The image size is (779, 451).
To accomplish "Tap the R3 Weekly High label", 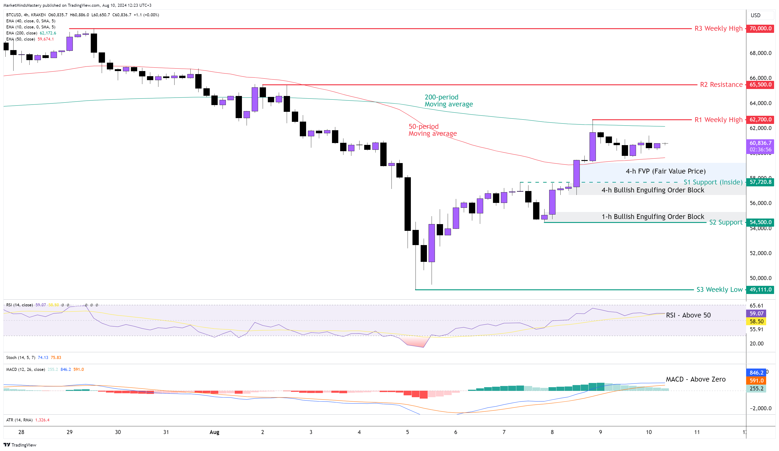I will pyautogui.click(x=718, y=28).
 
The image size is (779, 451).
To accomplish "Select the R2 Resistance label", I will pyautogui.click(x=721, y=85).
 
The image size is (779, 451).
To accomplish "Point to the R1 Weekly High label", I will pyautogui.click(x=718, y=120).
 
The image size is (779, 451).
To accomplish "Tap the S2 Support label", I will pyautogui.click(x=726, y=222).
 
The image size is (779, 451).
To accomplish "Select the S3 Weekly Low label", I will pyautogui.click(x=719, y=290).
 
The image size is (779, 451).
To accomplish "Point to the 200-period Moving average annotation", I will pyautogui.click(x=448, y=101).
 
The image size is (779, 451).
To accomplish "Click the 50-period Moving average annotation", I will pyautogui.click(x=432, y=130).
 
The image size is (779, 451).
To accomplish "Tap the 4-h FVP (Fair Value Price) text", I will pyautogui.click(x=666, y=171).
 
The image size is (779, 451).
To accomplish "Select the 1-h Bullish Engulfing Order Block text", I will pyautogui.click(x=653, y=217).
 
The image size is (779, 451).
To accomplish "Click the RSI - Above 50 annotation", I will pyautogui.click(x=688, y=315).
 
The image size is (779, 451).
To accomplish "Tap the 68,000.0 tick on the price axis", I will pyautogui.click(x=760, y=53).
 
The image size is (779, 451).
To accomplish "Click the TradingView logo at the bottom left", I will pyautogui.click(x=20, y=445).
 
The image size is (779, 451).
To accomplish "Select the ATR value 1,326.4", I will pyautogui.click(x=42, y=420).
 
